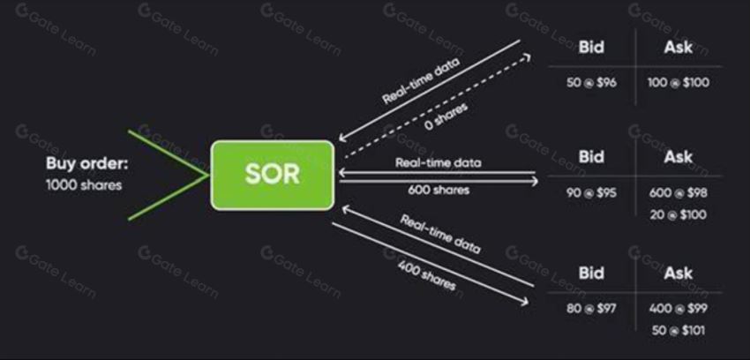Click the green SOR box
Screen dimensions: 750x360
(272, 175)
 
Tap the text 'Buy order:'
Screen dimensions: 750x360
(87, 163)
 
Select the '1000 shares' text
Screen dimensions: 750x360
(84, 185)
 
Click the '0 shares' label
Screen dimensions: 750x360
(446, 116)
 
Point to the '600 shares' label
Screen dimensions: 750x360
(439, 190)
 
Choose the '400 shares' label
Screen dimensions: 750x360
(426, 277)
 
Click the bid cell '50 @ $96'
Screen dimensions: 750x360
(592, 83)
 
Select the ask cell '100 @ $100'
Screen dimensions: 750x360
(679, 83)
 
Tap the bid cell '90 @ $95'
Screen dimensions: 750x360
(592, 193)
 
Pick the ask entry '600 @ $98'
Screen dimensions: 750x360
(679, 193)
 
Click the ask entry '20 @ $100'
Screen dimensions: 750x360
(679, 214)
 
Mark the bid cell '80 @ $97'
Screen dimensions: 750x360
(592, 308)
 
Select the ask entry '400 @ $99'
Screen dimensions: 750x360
(679, 308)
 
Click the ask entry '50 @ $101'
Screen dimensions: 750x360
(679, 330)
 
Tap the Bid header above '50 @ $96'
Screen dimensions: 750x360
(591, 47)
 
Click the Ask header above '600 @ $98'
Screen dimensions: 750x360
(679, 157)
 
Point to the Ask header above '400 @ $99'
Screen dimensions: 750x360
(679, 273)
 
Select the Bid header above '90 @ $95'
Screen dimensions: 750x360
(591, 157)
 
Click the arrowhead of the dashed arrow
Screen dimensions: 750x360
(527, 56)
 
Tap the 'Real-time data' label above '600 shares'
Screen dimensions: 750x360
(439, 162)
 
